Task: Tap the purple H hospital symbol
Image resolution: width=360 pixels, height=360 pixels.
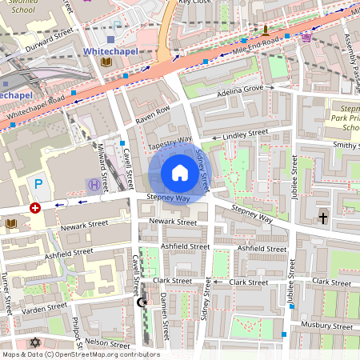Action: coord(94,185)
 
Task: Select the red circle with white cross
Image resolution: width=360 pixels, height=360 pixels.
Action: coord(34,207)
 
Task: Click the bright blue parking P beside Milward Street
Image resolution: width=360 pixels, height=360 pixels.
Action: coord(38,184)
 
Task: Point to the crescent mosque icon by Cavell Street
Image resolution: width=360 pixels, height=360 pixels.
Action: coord(142,302)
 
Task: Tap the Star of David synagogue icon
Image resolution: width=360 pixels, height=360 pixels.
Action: coord(34,342)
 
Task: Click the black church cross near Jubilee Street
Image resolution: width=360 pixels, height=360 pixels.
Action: coord(323,217)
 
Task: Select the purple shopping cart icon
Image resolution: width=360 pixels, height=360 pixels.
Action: coord(306,36)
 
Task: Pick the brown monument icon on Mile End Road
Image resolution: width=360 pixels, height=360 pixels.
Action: coord(260,30)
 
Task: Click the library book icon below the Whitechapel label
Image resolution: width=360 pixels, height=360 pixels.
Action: coord(106,62)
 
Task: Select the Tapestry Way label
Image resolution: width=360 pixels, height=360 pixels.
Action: coord(170,141)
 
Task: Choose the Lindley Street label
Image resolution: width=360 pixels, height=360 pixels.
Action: coord(246,134)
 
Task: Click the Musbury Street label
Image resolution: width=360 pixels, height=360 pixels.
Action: coord(326,325)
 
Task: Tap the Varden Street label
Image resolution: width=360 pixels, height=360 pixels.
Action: coord(45,308)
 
